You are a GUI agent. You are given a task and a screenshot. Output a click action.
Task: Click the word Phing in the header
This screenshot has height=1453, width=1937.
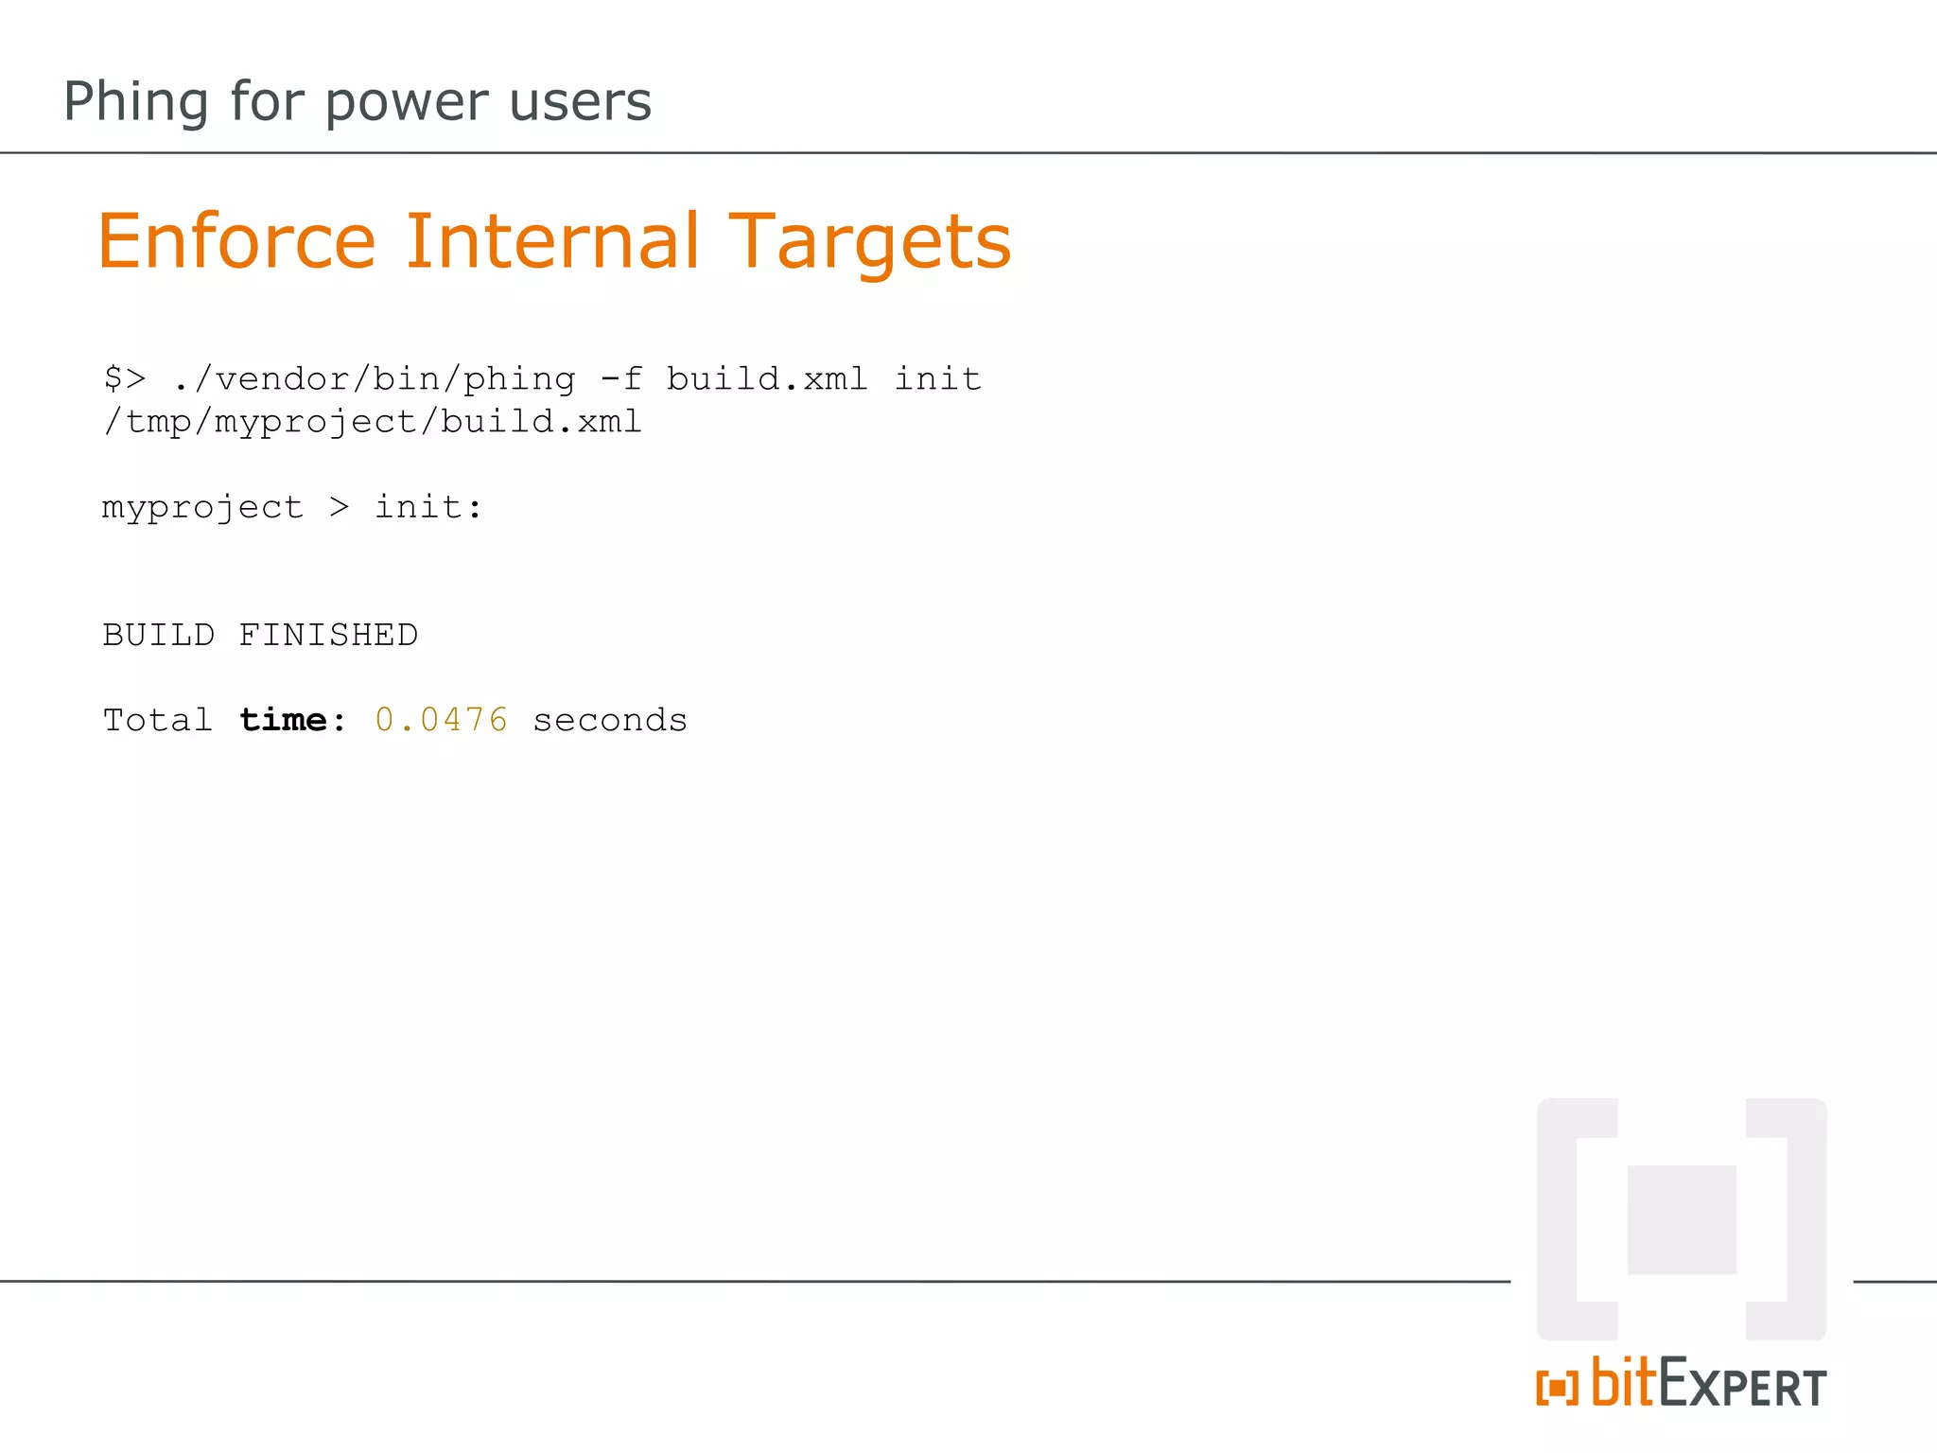click(x=135, y=102)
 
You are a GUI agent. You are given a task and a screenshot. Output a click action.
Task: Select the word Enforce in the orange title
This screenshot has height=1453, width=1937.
click(x=236, y=241)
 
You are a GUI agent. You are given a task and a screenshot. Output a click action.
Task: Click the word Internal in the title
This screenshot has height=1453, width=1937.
click(x=552, y=241)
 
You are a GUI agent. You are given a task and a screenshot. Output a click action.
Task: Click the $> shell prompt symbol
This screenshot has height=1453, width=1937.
click(x=125, y=379)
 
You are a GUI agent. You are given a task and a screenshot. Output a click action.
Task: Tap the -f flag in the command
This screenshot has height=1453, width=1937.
click(x=620, y=379)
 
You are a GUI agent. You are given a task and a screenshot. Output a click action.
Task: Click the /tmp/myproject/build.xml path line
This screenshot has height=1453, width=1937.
click(x=373, y=422)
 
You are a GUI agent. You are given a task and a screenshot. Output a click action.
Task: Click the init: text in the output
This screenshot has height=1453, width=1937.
click(x=428, y=508)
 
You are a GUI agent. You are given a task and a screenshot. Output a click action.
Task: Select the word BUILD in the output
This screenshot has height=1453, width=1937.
click(x=158, y=635)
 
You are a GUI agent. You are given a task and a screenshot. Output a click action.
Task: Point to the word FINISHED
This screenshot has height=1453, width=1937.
click(x=328, y=635)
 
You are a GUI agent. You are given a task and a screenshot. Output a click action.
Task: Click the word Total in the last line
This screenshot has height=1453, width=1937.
click(x=157, y=721)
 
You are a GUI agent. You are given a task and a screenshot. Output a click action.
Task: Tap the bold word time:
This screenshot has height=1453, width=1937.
click(x=292, y=721)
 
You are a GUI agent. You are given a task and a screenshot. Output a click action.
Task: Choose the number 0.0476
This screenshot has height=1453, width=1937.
click(x=441, y=721)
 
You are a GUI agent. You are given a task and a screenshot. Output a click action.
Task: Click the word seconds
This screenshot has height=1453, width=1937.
click(x=610, y=721)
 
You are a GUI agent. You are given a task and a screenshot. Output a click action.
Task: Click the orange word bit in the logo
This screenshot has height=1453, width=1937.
click(x=1623, y=1383)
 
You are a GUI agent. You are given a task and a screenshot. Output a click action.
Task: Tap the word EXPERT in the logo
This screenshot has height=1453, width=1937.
click(x=1742, y=1386)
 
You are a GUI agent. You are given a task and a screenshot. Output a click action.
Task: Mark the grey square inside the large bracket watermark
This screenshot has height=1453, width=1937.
click(x=1682, y=1219)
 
